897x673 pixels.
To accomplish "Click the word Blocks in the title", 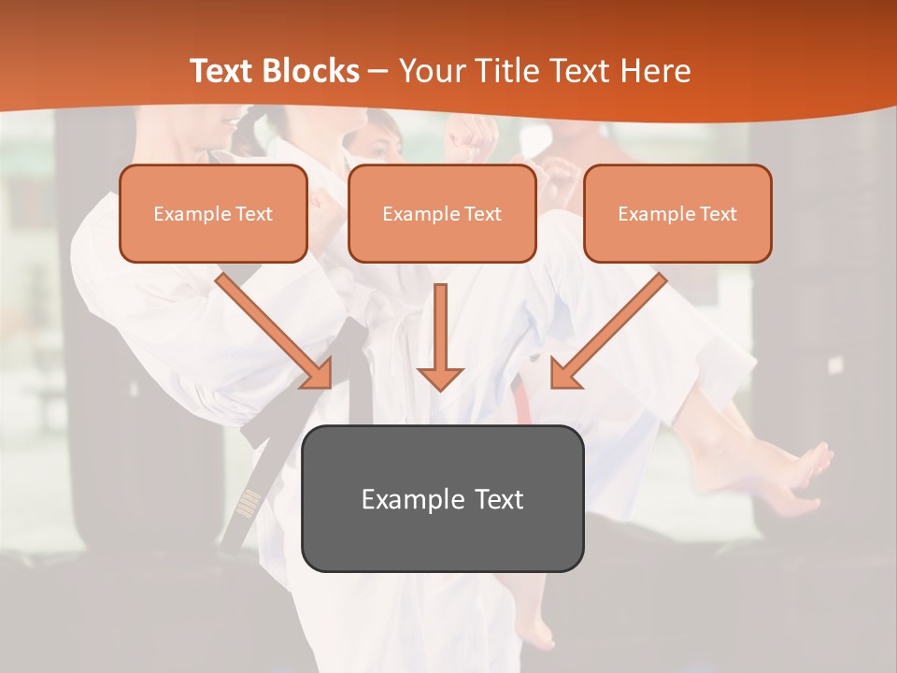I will (x=310, y=71).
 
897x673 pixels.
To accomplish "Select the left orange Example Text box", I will (x=213, y=214).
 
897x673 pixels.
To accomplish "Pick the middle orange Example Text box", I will (x=442, y=214).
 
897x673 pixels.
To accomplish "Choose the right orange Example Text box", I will (x=677, y=214).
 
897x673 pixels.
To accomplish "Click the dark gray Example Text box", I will (x=442, y=498).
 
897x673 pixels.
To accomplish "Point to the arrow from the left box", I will (x=276, y=331).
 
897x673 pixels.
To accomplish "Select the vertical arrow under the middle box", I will (x=440, y=336).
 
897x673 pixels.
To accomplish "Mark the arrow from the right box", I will (x=608, y=331).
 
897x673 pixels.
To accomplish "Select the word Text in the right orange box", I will (x=718, y=214).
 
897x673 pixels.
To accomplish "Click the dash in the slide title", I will (x=378, y=71).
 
